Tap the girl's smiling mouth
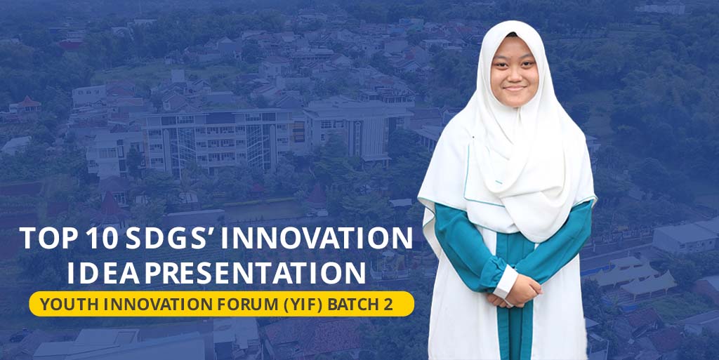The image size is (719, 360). (x=515, y=88)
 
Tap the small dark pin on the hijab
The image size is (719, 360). (x=473, y=136)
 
